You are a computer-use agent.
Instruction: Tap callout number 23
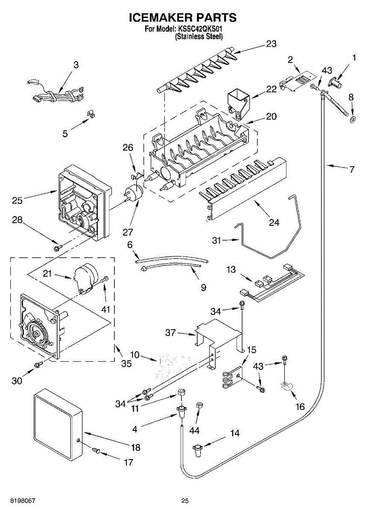271,44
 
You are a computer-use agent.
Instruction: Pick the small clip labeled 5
90,114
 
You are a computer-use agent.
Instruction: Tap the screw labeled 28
56,247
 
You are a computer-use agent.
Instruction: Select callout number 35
126,364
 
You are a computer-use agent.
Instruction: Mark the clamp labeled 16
286,388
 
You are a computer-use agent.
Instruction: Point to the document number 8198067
17,501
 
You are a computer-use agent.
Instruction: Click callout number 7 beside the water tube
351,170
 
